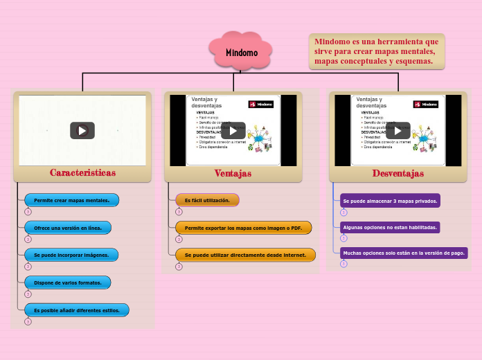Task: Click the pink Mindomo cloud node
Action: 241,53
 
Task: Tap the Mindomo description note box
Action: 376,51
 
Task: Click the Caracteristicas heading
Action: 82,172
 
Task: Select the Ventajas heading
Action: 233,173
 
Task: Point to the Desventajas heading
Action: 398,173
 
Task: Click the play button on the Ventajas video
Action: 233,130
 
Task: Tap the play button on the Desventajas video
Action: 398,130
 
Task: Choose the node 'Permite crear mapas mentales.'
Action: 71,200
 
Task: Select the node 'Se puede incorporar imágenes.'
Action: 71,255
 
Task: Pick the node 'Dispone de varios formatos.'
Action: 67,282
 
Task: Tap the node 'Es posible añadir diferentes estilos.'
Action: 76,310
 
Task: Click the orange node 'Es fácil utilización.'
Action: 207,200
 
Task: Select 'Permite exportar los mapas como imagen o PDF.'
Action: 243,227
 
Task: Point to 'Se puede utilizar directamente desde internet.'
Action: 245,255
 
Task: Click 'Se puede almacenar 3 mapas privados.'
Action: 390,201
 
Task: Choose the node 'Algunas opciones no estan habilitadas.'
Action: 390,227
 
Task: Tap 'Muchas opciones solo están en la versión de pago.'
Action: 404,253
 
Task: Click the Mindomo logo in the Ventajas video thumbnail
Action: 261,104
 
